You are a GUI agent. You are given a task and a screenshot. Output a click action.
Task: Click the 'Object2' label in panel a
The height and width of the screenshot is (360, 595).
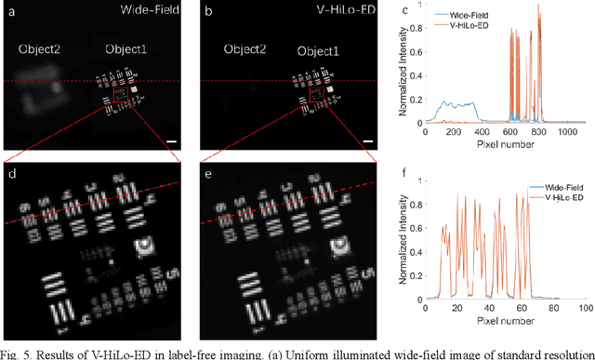[x=38, y=48]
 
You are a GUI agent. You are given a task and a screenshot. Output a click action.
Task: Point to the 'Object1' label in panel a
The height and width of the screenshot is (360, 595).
[x=125, y=48]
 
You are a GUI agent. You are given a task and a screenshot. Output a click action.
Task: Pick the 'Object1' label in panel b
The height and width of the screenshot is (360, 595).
[x=317, y=50]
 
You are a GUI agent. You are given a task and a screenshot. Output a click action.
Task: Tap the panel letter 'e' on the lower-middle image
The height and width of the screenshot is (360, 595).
[x=207, y=173]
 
